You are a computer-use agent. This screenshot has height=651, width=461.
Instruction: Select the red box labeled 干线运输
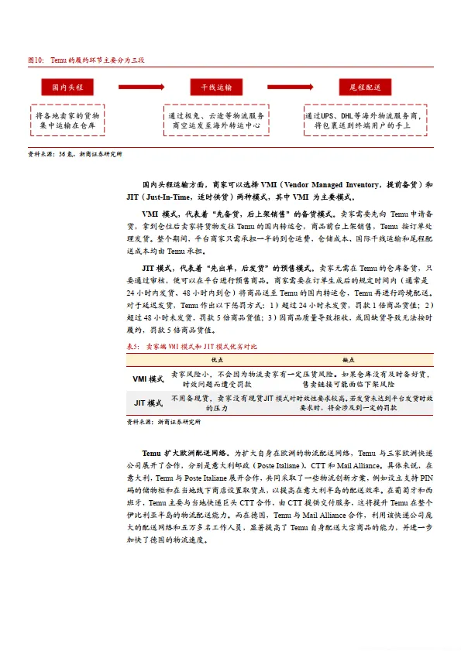pyautogui.click(x=215, y=87)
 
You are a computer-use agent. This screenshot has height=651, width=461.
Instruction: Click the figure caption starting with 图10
pyautogui.click(x=81, y=60)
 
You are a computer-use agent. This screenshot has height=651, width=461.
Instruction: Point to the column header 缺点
pyautogui.click(x=349, y=360)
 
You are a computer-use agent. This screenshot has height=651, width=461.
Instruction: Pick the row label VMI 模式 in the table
pyautogui.click(x=147, y=379)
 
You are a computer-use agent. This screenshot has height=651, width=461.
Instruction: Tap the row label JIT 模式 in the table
pyautogui.click(x=147, y=403)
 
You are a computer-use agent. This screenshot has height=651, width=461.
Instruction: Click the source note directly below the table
pyautogui.click(x=163, y=423)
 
